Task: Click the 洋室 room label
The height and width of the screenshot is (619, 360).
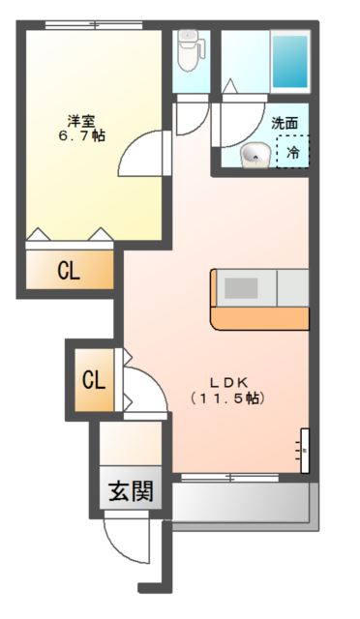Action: click(x=81, y=121)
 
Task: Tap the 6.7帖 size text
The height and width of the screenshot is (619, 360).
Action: click(x=81, y=136)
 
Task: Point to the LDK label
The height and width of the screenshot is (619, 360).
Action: click(x=227, y=381)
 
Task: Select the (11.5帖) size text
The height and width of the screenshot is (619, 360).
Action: click(x=227, y=398)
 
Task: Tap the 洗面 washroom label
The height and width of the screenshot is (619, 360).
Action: click(x=284, y=123)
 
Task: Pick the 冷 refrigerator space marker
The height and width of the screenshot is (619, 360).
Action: click(x=291, y=152)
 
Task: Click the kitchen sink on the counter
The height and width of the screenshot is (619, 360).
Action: click(x=242, y=288)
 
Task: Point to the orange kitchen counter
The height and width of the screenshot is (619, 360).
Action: click(x=258, y=317)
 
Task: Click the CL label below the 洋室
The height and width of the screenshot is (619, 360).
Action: click(x=68, y=272)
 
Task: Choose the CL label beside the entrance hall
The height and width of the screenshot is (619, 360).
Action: click(x=93, y=380)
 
